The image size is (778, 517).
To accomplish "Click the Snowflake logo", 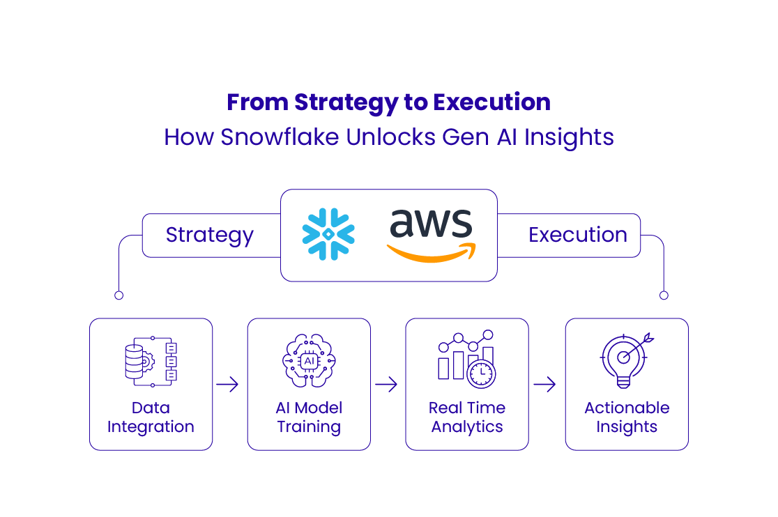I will pos(328,234).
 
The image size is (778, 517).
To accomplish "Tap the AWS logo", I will pos(432,233).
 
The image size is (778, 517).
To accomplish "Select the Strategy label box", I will pos(210,236).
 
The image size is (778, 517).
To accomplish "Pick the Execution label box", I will pos(577,236).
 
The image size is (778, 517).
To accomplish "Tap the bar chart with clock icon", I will pos(466,359).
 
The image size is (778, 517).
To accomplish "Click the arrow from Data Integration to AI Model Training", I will pos(228,385).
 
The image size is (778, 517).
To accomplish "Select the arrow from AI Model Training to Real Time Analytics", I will pos(386,385).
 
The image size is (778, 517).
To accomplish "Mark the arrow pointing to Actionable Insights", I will pos(544,385).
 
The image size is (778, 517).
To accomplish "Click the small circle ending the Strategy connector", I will pos(119,295).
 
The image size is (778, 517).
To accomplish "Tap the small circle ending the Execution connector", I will pos(664,295).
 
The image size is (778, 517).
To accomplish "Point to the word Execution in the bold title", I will pos(491,102).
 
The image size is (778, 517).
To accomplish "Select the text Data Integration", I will pos(151,417).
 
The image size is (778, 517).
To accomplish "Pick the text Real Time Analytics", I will pos(466,417).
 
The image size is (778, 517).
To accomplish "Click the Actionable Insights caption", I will pos(627,417).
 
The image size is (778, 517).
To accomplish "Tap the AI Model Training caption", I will pos(309,417).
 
